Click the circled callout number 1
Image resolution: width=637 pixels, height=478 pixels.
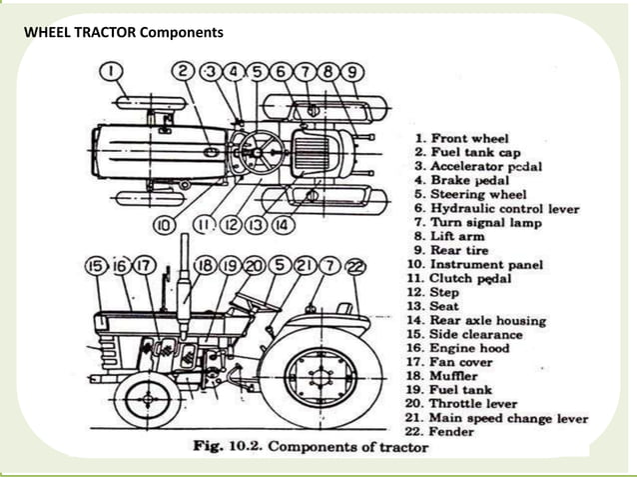click(112, 71)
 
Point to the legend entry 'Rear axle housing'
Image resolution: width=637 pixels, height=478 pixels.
click(488, 320)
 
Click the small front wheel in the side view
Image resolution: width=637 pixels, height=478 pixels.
click(146, 399)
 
